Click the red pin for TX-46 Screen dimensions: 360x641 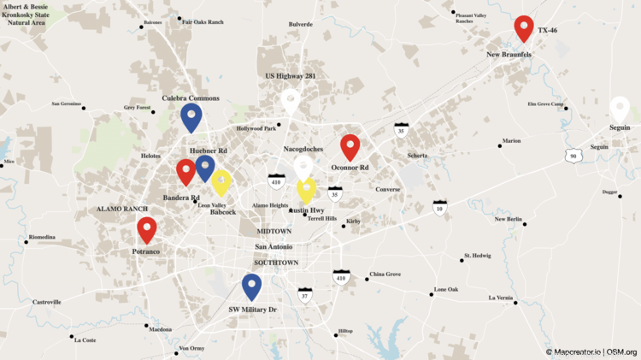pyautogui.click(x=524, y=27)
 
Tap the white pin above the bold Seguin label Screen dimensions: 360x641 pyautogui.click(x=620, y=109)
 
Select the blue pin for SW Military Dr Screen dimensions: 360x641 pyautogui.click(x=251, y=286)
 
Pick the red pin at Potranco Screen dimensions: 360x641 pyautogui.click(x=147, y=229)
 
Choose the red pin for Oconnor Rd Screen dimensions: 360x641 pyautogui.click(x=350, y=147)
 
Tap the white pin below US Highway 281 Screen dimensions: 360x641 pyautogui.click(x=291, y=101)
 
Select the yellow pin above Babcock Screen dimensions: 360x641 pyautogui.click(x=221, y=181)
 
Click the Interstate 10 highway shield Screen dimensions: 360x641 pyautogui.click(x=439, y=207)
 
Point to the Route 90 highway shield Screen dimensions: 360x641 pyautogui.click(x=573, y=156)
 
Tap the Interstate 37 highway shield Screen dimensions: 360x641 pyautogui.click(x=304, y=296)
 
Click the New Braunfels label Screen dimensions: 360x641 pyautogui.click(x=509, y=55)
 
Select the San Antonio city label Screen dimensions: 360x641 pyautogui.click(x=274, y=247)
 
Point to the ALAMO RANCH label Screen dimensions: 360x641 pyautogui.click(x=122, y=209)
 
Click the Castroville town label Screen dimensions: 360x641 pyautogui.click(x=47, y=302)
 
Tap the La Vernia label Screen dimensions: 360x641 pyautogui.click(x=501, y=298)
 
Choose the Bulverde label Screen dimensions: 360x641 pyautogui.click(x=301, y=24)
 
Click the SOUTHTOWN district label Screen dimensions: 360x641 pyautogui.click(x=276, y=263)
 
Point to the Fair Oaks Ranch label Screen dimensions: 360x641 pyautogui.click(x=203, y=22)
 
